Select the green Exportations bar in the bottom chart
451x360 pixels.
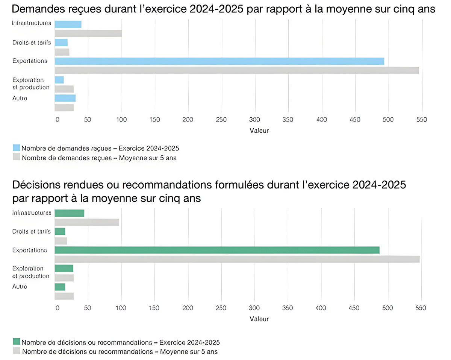217,250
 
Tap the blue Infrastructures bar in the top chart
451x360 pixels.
68,24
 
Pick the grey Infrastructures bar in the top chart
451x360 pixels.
88,33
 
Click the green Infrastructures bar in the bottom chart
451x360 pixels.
70,213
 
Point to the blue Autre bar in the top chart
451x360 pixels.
65,98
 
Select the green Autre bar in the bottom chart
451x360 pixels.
60,287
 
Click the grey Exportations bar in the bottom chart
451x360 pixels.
237,259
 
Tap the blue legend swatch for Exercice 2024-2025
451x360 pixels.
17,147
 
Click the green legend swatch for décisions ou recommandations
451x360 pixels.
17,342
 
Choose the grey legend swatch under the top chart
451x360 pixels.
17,157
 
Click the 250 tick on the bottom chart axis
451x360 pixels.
221,308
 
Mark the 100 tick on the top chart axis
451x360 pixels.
121,120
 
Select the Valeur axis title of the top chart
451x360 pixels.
259,131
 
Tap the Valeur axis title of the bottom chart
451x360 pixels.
259,319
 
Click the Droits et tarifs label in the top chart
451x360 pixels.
32,42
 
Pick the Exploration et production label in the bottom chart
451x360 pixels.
31,272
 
